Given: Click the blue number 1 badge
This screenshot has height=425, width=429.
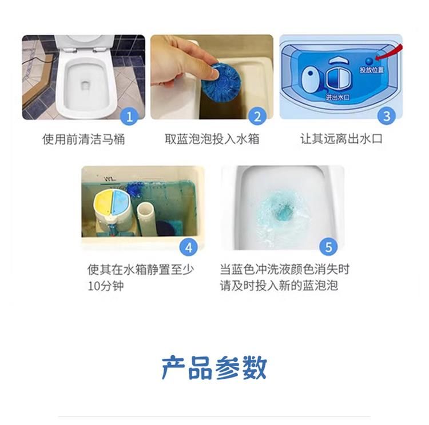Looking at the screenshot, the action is coord(129,117).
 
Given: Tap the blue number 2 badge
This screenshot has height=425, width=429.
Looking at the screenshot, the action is coord(257,117).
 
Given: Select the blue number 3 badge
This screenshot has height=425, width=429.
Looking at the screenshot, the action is coord(386,116).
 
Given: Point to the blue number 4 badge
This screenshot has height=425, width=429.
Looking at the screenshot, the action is coord(189,247).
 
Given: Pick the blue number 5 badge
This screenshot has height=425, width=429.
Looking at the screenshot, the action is coord(328,247).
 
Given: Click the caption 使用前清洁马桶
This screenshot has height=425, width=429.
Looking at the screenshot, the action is coord(84,139).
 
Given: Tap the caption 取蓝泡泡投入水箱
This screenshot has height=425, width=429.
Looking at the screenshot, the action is coord(212,139).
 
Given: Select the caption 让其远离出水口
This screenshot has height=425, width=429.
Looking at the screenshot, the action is coord(341,139).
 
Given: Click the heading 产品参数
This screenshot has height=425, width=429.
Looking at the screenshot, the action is coord(214,368).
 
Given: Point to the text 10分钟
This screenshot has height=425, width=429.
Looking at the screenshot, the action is coord(106,286).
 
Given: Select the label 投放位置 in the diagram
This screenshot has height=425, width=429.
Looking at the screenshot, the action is coord(372,70).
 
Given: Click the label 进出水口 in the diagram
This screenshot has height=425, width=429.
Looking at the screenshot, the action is coord(337,97).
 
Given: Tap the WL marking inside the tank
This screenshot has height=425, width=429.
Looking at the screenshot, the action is coord(110,179).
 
